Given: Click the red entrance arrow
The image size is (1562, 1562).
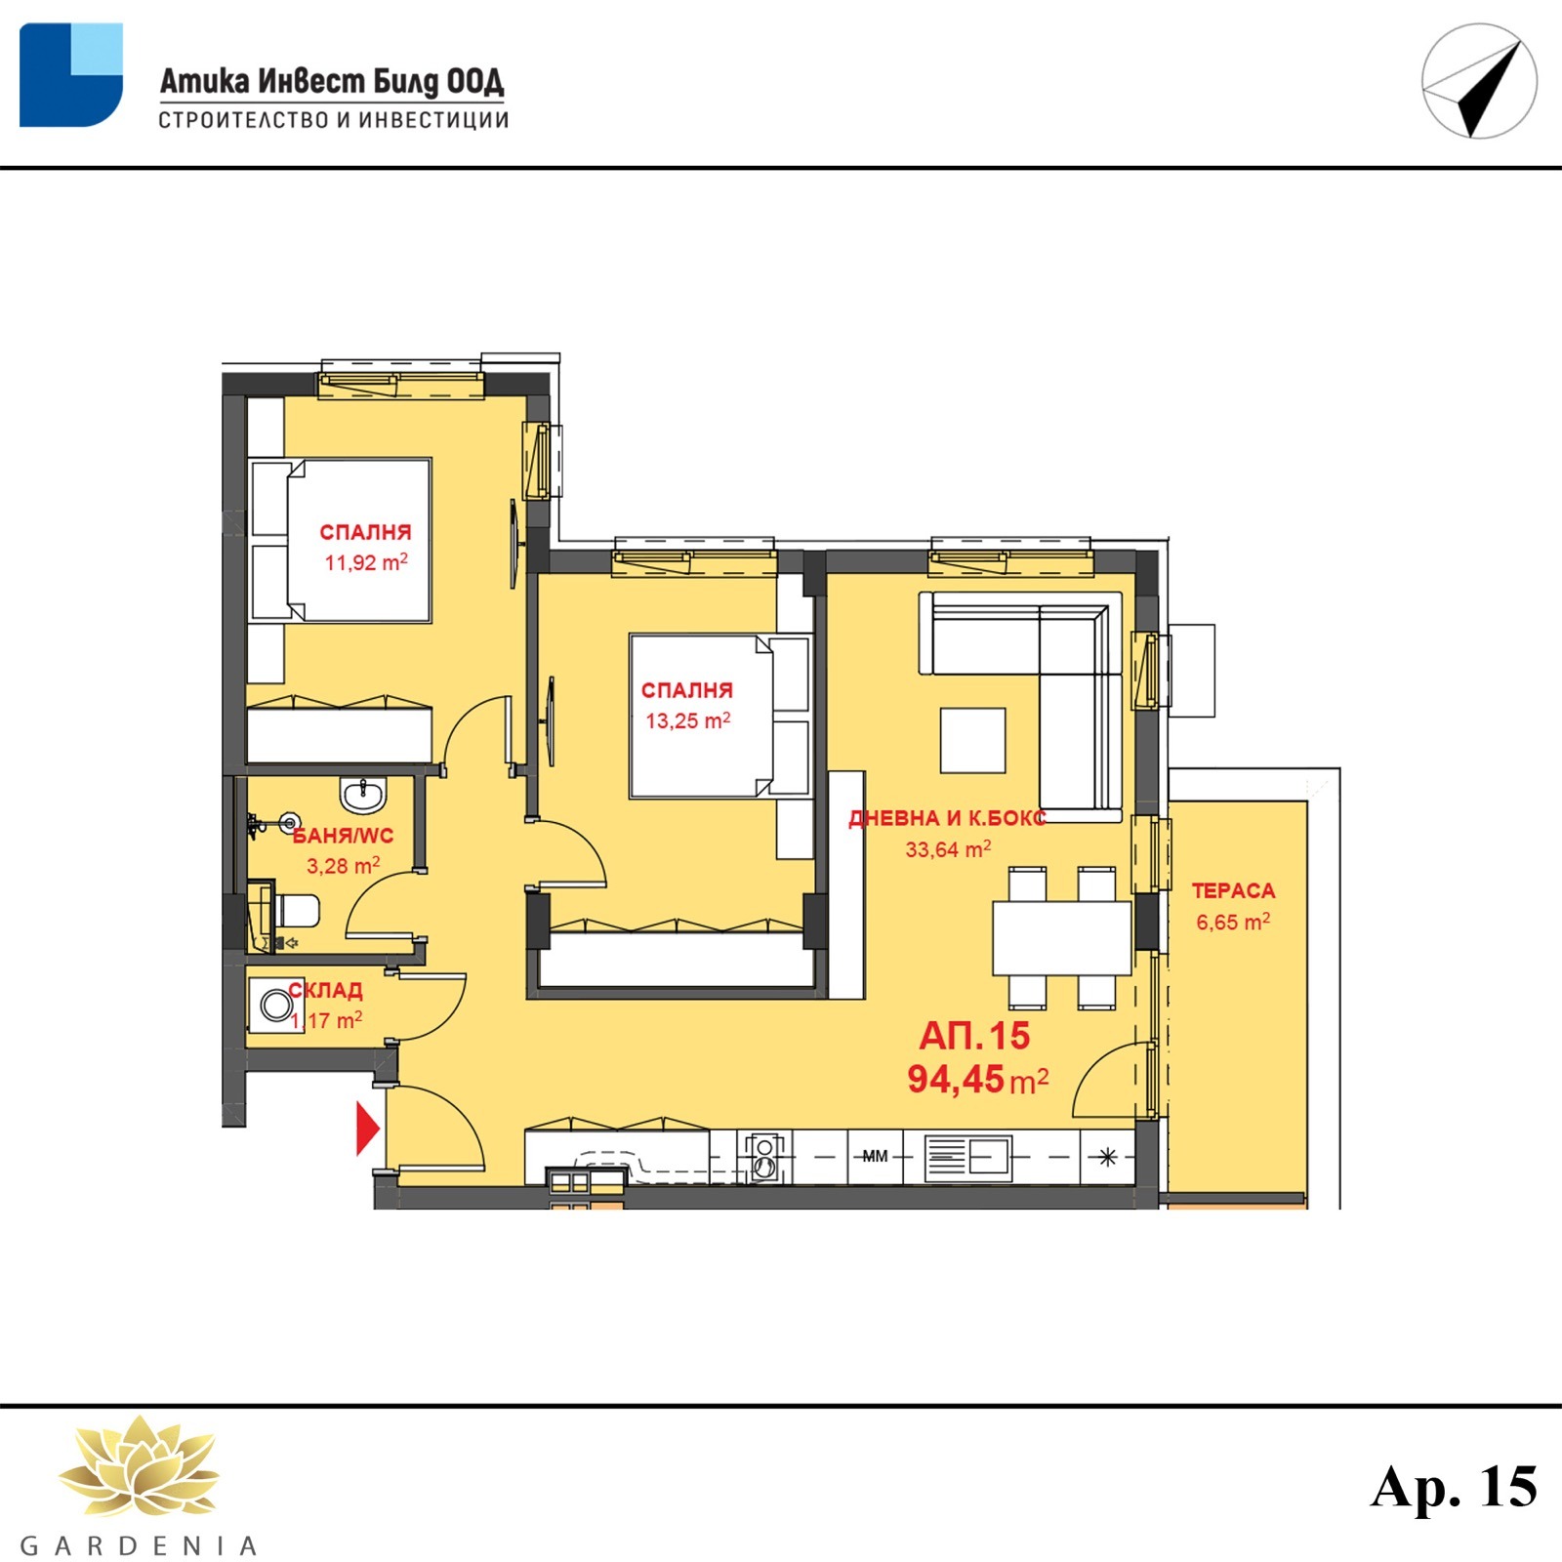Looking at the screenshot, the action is [x=368, y=1129].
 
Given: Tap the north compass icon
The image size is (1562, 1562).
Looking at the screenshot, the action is [x=1479, y=81].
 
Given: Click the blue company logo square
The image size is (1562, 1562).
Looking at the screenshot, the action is [x=71, y=75].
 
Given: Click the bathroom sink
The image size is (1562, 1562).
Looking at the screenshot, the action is [x=363, y=793].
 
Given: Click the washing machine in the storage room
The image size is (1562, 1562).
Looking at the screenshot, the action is [x=275, y=1005].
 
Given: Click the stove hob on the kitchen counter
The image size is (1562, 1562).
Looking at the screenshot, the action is [x=763, y=1157].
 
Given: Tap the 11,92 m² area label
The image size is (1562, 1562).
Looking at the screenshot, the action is [x=366, y=562].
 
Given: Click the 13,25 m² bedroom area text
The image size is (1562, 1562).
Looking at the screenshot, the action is [x=687, y=721].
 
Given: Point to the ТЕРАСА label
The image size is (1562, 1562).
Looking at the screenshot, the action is [x=1233, y=890].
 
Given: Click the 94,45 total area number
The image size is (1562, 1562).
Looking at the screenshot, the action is [x=956, y=1079].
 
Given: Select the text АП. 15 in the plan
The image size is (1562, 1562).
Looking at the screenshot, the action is [x=974, y=1036].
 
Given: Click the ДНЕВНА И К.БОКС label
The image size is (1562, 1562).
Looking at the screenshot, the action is [x=947, y=818].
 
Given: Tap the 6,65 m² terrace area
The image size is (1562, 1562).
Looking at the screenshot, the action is [x=1233, y=922].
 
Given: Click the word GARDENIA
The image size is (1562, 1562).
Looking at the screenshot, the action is [x=139, y=1545].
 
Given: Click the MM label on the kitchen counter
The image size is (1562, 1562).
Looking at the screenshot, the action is [x=875, y=1156].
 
